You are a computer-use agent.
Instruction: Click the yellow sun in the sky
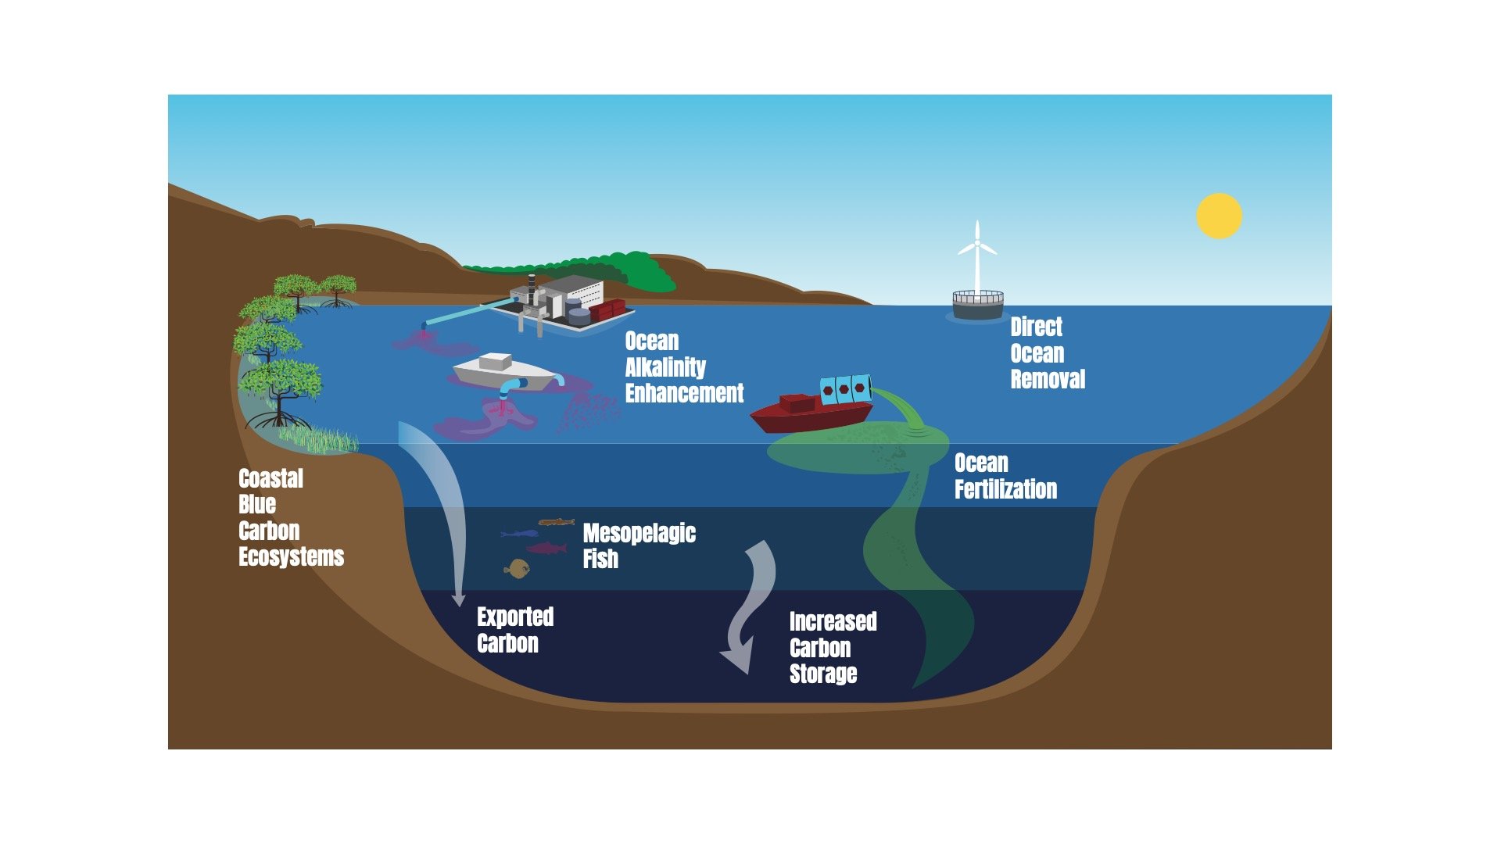(1219, 216)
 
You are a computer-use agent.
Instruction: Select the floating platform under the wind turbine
(977, 304)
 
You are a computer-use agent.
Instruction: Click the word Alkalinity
(665, 367)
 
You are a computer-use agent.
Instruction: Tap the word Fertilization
(1005, 490)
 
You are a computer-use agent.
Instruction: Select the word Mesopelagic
(639, 534)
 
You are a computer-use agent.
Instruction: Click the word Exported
(515, 617)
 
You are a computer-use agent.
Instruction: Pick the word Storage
(823, 674)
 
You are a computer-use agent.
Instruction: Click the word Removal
(1048, 380)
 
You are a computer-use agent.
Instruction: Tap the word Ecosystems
(291, 557)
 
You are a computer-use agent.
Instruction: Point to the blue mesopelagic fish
(519, 534)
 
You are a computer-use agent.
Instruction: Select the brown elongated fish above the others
(556, 521)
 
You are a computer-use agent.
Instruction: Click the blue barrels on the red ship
(845, 388)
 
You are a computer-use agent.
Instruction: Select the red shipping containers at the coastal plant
(607, 310)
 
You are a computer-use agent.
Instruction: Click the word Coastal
(270, 478)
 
